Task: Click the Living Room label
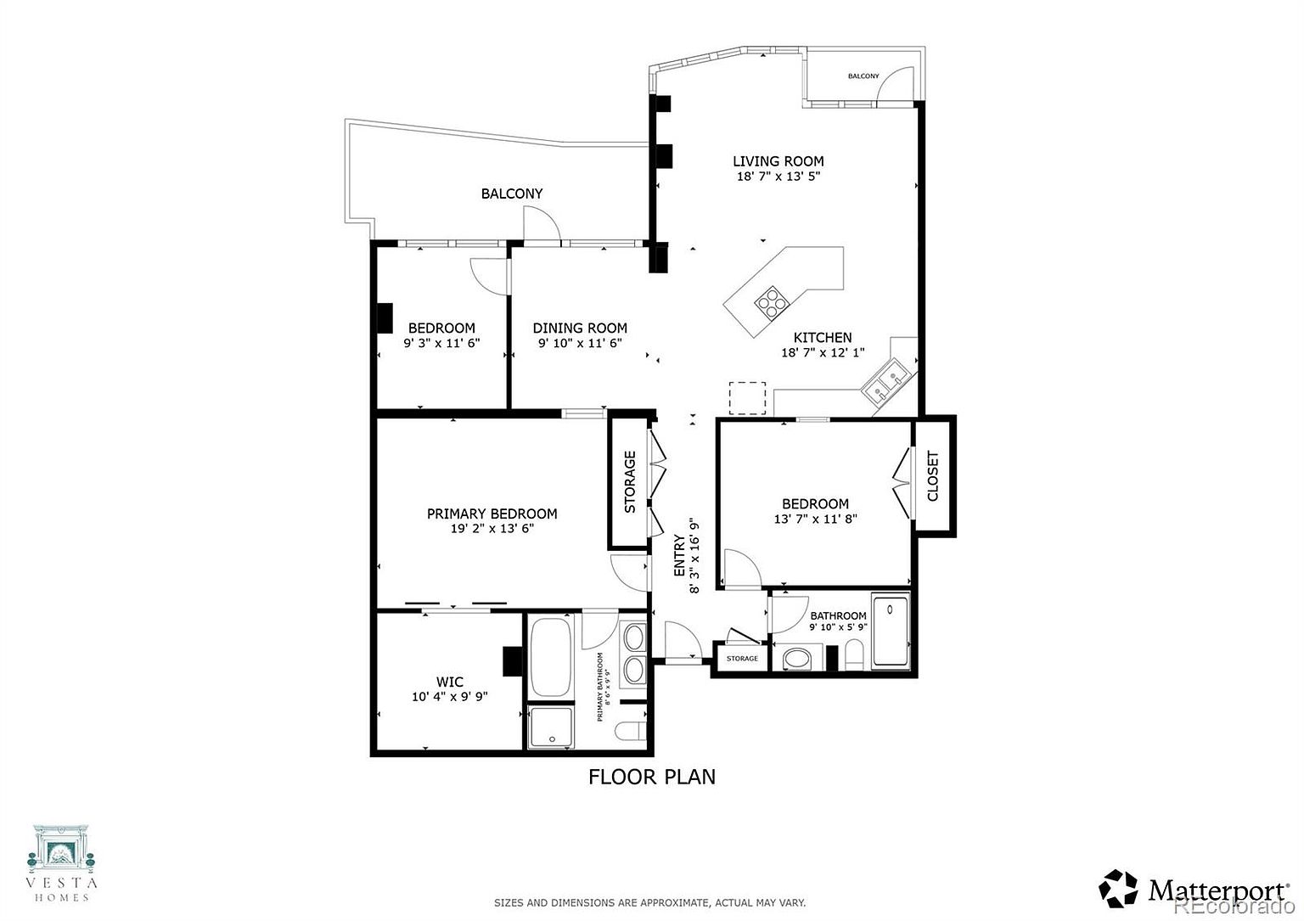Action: click(x=778, y=161)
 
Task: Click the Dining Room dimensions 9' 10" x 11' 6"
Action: click(x=580, y=344)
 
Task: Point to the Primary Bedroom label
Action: click(x=492, y=514)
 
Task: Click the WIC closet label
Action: click(x=449, y=682)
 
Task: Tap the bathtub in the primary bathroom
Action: click(x=550, y=657)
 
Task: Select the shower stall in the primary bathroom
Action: click(x=550, y=727)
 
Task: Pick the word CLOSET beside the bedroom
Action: click(x=933, y=475)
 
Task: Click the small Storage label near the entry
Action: click(x=742, y=659)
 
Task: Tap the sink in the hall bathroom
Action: click(x=796, y=660)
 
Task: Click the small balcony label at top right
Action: click(x=863, y=76)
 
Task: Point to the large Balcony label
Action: click(x=512, y=194)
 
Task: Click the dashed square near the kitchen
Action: click(x=747, y=398)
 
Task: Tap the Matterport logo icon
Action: click(x=1118, y=889)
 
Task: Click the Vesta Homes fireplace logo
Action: click(x=61, y=853)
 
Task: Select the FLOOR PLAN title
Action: click(x=651, y=777)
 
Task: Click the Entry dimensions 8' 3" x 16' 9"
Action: click(x=694, y=555)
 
